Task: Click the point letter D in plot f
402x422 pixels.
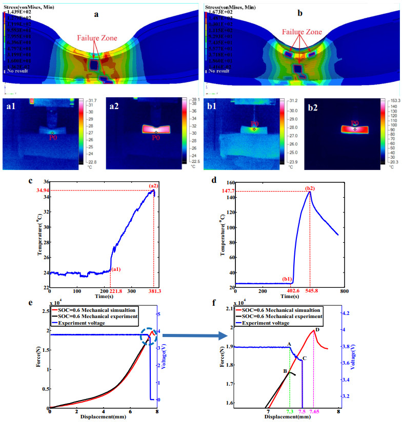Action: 317,330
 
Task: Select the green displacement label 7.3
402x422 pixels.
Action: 290,412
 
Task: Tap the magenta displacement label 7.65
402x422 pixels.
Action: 314,412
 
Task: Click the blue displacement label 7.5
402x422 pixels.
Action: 302,412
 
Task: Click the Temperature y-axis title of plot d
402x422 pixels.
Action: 223,237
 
